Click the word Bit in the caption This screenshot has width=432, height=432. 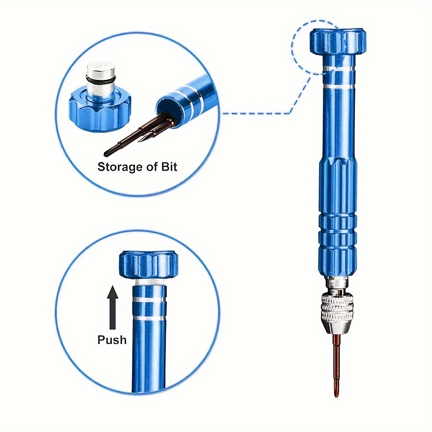pos(169,167)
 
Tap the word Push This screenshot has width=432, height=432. pos(112,340)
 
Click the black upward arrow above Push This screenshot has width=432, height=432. pos(112,307)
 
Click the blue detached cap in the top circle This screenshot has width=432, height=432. pos(100,109)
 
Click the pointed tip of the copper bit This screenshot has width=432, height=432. pos(336,396)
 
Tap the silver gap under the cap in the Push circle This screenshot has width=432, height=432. pos(149,282)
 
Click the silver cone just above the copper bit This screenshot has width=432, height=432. pos(336,327)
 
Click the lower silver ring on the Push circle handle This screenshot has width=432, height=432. pos(149,318)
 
